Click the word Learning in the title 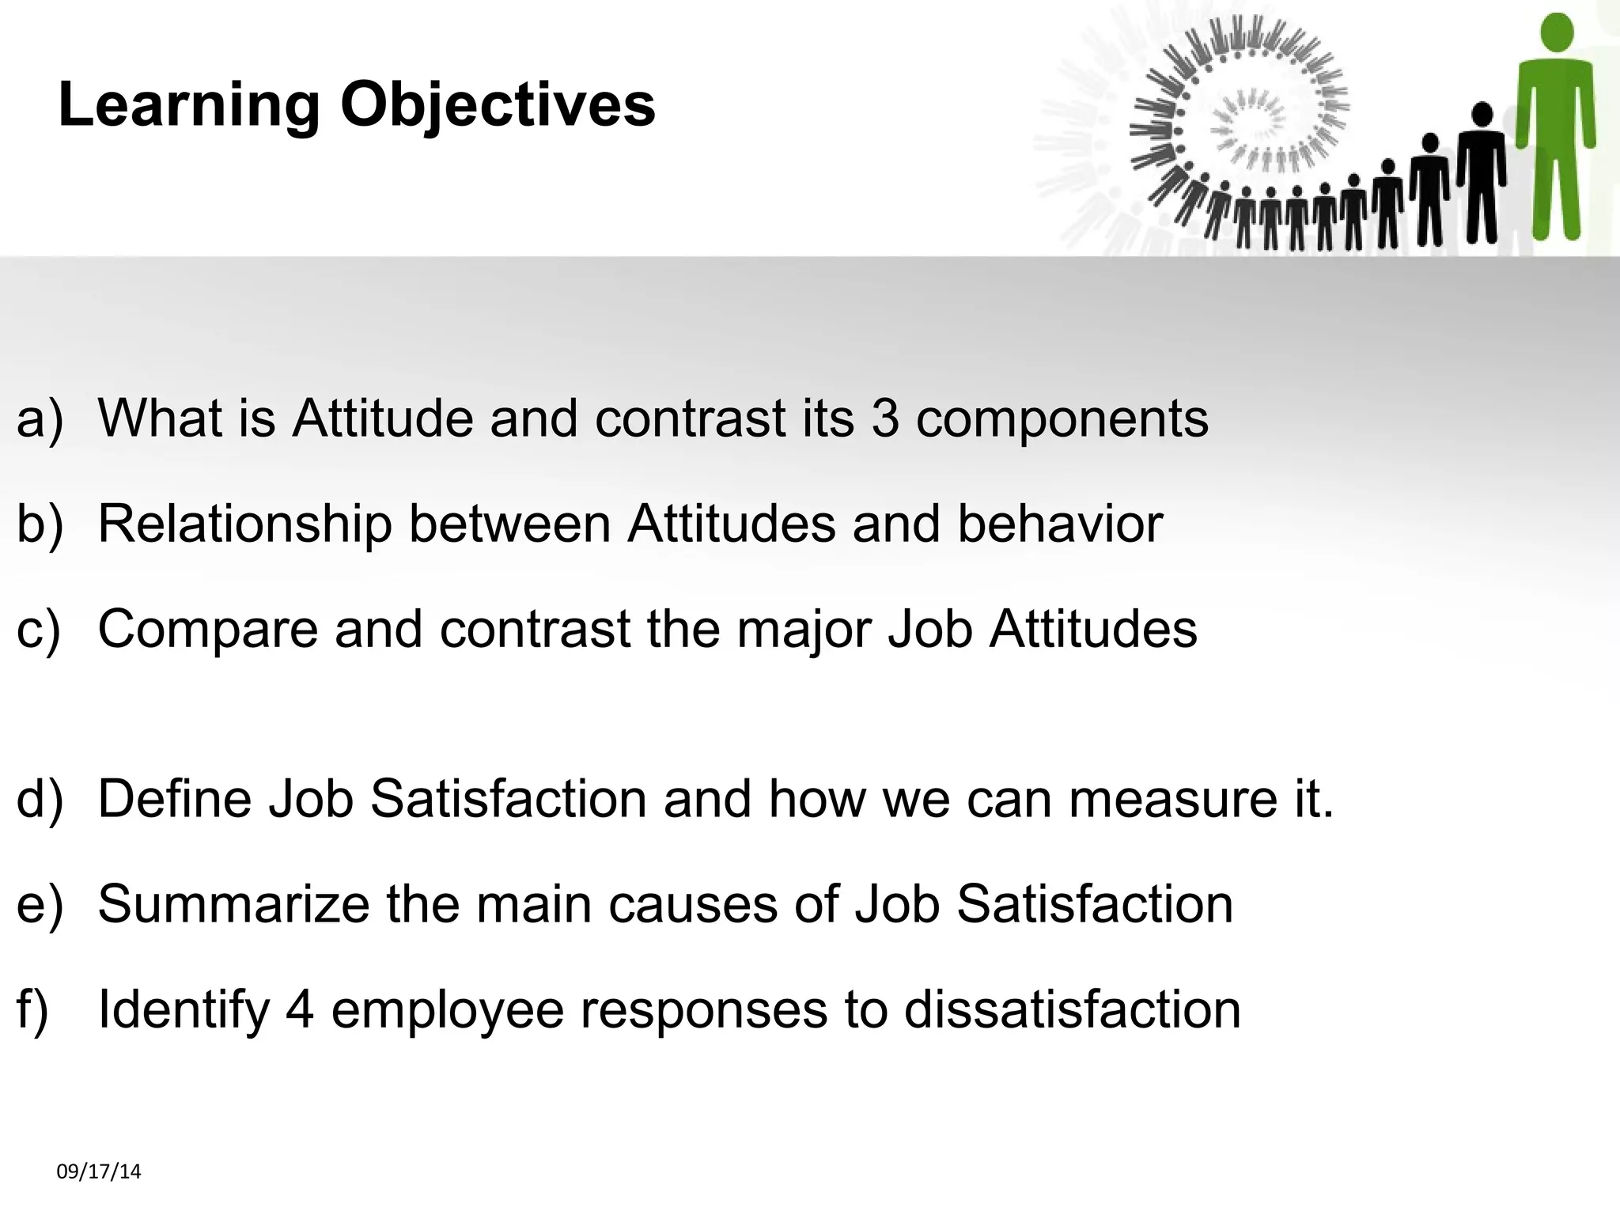click(188, 105)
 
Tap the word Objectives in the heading click(498, 105)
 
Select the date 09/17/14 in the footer click(99, 1171)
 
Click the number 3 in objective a click(885, 418)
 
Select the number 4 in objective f click(300, 1009)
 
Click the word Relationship click(244, 524)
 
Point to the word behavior click(1060, 524)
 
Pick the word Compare click(207, 629)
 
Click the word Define click(174, 798)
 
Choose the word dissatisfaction click(1072, 1009)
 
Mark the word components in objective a click(1062, 418)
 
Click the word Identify click(184, 1009)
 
